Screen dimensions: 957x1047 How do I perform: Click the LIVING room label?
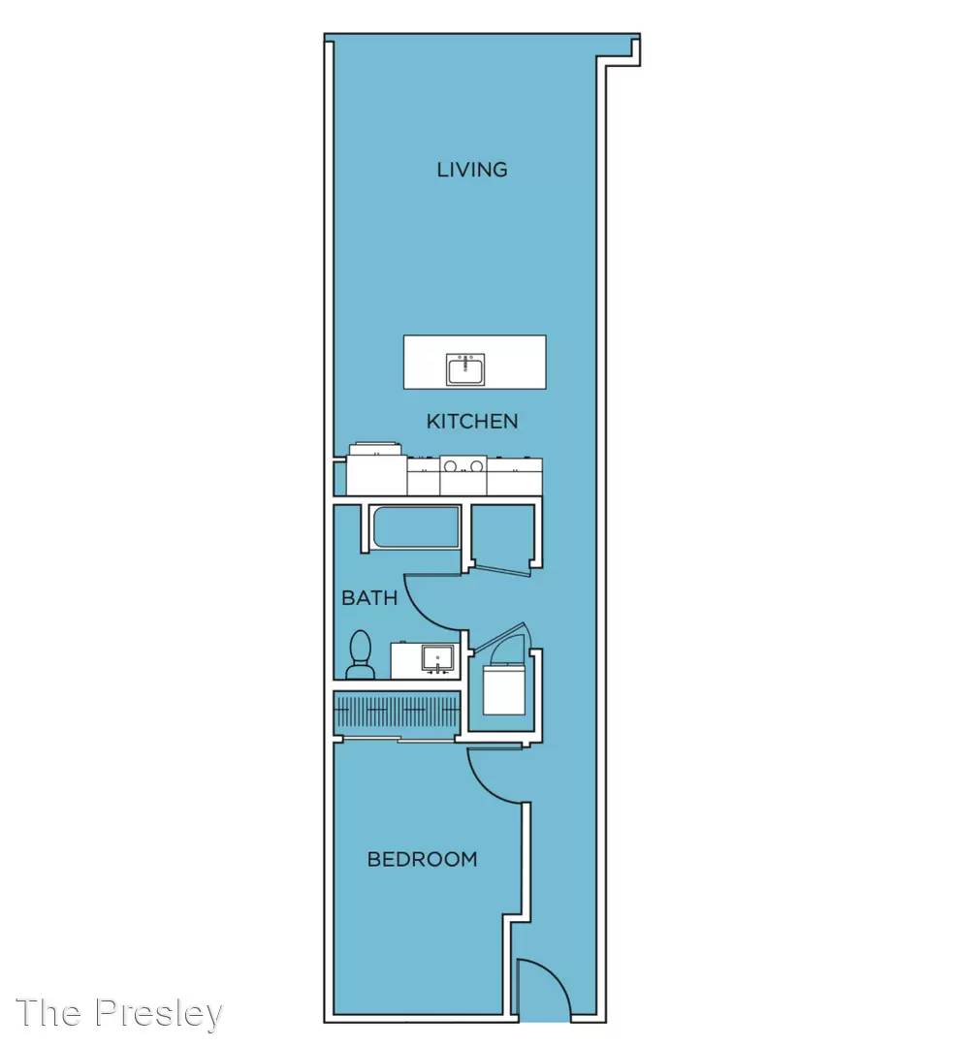[472, 170]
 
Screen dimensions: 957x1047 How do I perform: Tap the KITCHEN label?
[472, 422]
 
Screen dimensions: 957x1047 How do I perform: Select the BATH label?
[369, 597]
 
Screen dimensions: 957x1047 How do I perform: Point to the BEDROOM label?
[423, 859]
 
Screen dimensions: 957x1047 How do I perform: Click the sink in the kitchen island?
[466, 369]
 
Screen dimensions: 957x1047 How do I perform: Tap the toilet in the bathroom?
[361, 654]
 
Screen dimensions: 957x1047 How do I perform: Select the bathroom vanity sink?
[437, 660]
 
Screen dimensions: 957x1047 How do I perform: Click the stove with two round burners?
[463, 475]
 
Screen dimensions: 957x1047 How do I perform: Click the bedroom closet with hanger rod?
[397, 713]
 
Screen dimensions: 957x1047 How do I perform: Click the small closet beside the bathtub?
[503, 534]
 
